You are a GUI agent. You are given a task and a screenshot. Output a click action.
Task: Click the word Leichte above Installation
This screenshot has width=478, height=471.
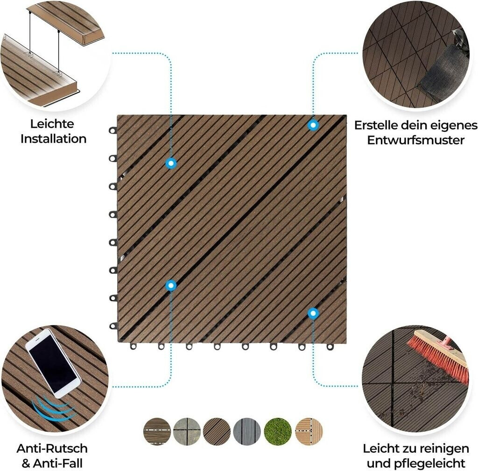pos(52,124)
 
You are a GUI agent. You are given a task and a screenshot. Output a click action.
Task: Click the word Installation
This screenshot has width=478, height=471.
pos(53,139)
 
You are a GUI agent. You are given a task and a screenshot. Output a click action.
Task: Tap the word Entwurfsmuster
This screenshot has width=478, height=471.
pos(415,140)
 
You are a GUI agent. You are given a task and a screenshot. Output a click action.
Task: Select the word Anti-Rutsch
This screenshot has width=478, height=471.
pos(52,449)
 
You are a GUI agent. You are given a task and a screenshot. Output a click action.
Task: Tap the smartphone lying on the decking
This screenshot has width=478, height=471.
pos(53,363)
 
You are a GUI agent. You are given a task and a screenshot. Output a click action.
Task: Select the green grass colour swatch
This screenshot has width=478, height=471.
pos(277,431)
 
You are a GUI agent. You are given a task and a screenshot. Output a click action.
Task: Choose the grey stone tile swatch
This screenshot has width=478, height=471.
pos(187,431)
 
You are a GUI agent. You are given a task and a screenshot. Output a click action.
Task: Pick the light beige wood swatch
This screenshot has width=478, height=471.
pos(309,431)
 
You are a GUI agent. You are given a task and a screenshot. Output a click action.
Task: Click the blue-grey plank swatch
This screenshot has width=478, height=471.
pos(247,431)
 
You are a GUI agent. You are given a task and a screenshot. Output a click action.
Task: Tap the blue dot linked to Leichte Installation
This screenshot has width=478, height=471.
pos(171,163)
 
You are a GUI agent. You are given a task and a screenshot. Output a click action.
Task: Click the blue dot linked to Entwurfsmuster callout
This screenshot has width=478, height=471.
pos(313,125)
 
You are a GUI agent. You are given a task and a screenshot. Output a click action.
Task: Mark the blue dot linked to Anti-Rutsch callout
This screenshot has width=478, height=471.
pos(171,285)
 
